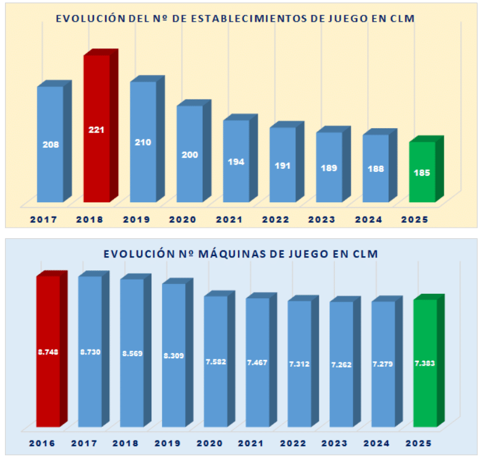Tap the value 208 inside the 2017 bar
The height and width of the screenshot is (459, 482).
(x=51, y=144)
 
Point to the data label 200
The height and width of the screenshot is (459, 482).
(x=190, y=155)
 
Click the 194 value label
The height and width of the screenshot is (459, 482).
(x=236, y=161)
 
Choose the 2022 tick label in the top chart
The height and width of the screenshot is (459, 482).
(x=276, y=220)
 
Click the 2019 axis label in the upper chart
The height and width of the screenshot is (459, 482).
(x=136, y=220)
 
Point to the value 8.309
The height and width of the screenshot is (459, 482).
(x=174, y=356)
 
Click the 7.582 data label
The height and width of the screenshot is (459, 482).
(x=216, y=361)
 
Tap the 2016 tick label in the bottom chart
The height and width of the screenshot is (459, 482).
(x=42, y=444)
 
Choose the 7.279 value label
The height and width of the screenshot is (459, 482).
(x=383, y=364)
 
